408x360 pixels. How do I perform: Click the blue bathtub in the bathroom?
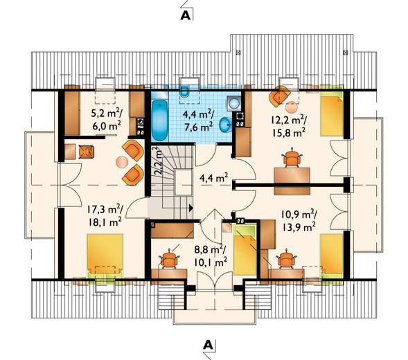[x=159, y=120]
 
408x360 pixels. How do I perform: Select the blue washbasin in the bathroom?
[x=225, y=125]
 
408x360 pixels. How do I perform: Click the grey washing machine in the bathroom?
[x=234, y=102]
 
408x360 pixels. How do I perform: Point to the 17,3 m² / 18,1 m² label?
[x=105, y=215]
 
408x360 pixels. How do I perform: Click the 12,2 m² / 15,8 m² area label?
[x=289, y=127]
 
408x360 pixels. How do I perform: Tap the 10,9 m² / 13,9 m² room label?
[x=299, y=221]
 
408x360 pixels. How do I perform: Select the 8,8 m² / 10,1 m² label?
[x=211, y=255]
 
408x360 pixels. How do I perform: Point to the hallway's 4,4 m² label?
[x=214, y=178]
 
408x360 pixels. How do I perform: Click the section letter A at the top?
[x=185, y=16]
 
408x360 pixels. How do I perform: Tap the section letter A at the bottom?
[x=208, y=345]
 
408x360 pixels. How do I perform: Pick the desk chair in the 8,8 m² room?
[x=169, y=258]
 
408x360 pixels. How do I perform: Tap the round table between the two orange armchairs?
[x=122, y=162]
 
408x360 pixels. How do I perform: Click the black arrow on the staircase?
[x=191, y=208]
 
